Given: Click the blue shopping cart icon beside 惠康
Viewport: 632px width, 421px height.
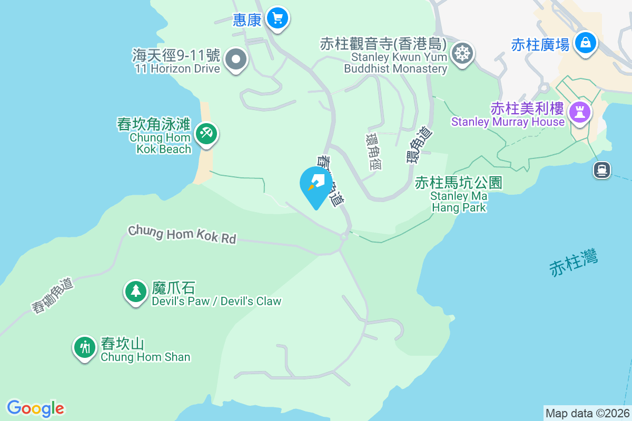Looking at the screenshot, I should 277,19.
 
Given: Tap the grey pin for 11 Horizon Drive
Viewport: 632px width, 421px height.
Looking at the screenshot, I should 236,59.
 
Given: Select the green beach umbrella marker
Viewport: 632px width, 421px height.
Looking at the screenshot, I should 206,133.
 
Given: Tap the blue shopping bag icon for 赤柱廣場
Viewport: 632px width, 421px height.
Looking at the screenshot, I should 585,43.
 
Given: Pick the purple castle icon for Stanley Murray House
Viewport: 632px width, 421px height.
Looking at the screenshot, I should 580,112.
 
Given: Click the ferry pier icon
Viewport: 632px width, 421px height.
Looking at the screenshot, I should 601,169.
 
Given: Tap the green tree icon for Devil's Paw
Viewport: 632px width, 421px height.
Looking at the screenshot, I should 136,291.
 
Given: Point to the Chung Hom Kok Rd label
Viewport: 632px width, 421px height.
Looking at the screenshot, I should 182,234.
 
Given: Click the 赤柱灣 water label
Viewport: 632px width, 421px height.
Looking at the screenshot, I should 574,264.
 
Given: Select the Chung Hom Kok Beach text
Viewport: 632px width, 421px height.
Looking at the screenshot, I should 160,143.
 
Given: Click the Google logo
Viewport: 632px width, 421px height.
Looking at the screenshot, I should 36,408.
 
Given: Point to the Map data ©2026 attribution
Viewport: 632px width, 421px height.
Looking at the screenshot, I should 587,413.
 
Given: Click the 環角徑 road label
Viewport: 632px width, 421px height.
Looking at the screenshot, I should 373,151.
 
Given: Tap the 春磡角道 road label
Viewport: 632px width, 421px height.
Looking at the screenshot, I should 53,296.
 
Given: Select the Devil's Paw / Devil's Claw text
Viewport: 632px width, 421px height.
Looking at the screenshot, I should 216,302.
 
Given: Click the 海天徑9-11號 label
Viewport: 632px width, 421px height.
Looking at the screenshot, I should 176,55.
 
